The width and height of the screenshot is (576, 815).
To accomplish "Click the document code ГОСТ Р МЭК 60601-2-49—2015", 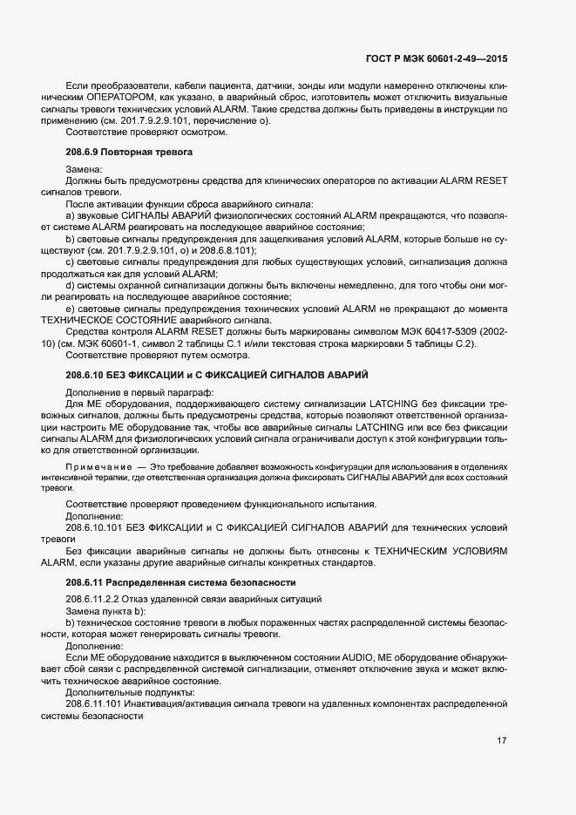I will pyautogui.click(x=437, y=58).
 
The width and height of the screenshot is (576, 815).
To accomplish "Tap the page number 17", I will pyautogui.click(x=501, y=740).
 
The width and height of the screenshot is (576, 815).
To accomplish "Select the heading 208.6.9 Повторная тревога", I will pyautogui.click(x=128, y=153).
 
